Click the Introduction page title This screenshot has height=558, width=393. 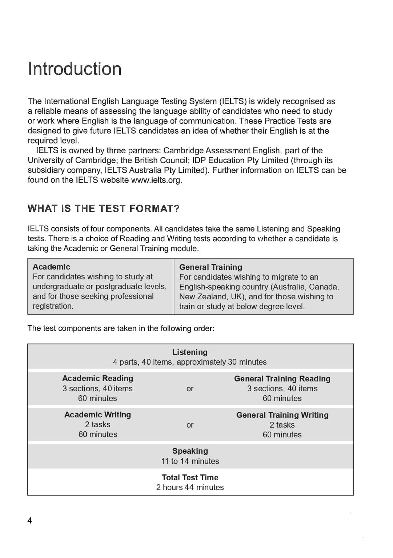[75, 69]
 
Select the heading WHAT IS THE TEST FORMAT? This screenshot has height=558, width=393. [104, 209]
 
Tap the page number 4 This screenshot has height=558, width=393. [29, 521]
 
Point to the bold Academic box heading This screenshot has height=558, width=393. [51, 267]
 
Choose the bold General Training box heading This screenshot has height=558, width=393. [210, 267]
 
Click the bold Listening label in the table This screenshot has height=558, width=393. [190, 352]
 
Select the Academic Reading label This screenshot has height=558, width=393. [97, 378]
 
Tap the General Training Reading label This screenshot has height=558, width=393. [282, 379]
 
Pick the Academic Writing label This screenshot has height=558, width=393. [97, 415]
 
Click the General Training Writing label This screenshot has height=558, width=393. [282, 415]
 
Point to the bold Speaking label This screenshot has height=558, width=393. [190, 451]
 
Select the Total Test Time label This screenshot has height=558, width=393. [190, 477]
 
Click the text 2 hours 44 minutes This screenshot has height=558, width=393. [190, 487]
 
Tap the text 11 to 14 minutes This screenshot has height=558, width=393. [190, 461]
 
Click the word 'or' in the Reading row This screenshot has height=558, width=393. [190, 388]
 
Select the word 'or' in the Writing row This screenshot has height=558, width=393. [190, 425]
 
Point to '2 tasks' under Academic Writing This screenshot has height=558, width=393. [97, 424]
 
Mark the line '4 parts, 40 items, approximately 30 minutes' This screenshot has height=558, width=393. [189, 362]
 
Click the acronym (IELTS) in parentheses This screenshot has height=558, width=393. [233, 101]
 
